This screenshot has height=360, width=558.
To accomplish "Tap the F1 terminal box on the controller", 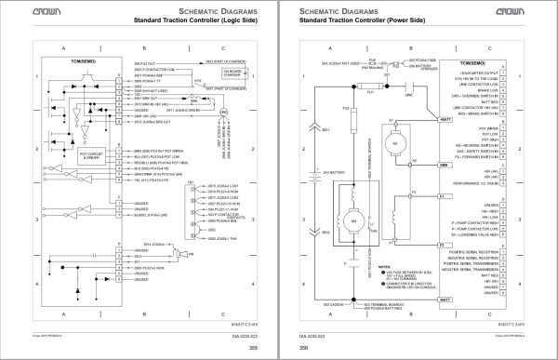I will (x=468, y=197).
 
